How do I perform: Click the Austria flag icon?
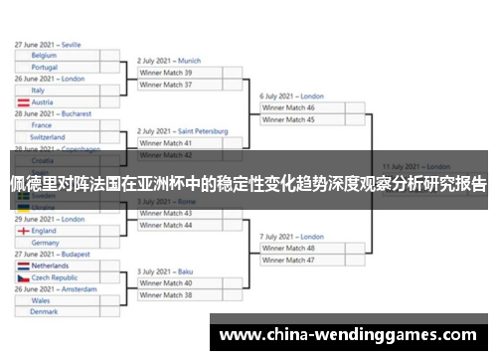tap(23, 102)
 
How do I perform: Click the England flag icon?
tap(23, 231)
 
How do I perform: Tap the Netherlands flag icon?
tap(23, 266)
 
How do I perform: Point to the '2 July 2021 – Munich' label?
tap(169, 60)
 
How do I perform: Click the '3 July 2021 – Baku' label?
tap(164, 270)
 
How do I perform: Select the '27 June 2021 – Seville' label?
tap(48, 44)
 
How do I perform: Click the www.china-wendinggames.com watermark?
tap(348, 335)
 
